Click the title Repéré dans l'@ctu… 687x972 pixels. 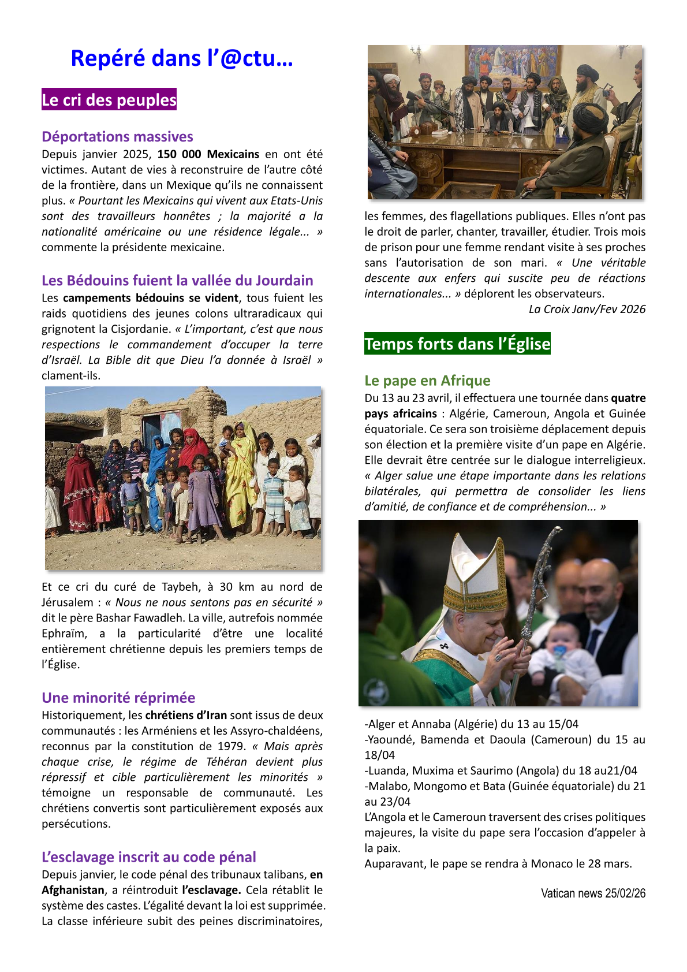click(182, 58)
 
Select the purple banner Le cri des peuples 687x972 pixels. click(109, 100)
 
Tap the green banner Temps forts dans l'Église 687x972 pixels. click(457, 344)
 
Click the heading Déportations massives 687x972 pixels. click(117, 137)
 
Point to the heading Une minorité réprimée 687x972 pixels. click(118, 698)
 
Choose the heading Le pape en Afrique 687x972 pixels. click(427, 381)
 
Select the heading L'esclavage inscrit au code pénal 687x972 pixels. click(149, 857)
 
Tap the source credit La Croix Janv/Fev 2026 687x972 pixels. click(587, 309)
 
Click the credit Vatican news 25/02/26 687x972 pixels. click(593, 893)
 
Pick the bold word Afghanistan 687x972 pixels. click(73, 890)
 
